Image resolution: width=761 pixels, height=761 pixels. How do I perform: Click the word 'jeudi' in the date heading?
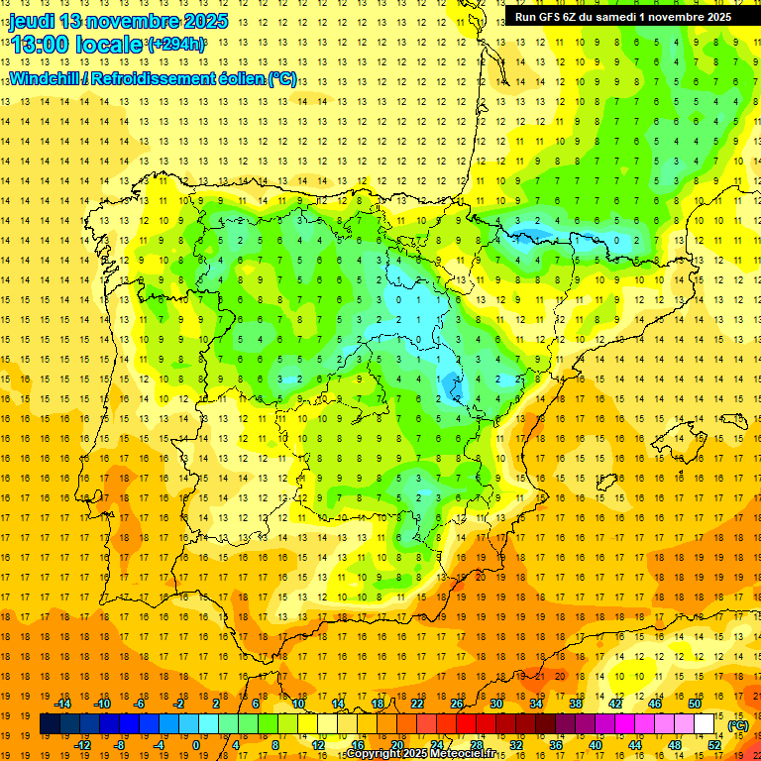pyautogui.click(x=31, y=21)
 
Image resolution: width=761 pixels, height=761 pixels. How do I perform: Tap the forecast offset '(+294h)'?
pyautogui.click(x=176, y=45)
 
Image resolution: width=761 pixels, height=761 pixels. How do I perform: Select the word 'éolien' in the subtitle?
pyautogui.click(x=239, y=79)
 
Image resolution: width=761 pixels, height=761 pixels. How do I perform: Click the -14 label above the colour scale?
pyautogui.click(x=62, y=703)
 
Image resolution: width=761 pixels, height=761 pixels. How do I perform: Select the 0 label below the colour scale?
pyautogui.click(x=197, y=744)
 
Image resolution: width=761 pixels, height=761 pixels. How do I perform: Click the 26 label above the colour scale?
pyautogui.click(x=457, y=703)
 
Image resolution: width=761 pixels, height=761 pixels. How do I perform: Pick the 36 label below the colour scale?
pyautogui.click(x=557, y=744)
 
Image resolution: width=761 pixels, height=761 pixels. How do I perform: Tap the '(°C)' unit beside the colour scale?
pyautogui.click(x=738, y=724)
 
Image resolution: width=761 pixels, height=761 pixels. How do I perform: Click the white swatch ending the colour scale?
pyautogui.click(x=705, y=724)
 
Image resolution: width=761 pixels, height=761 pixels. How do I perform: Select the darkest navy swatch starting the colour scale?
pyautogui.click(x=50, y=724)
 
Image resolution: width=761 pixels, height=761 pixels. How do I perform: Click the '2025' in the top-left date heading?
pyautogui.click(x=199, y=21)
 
